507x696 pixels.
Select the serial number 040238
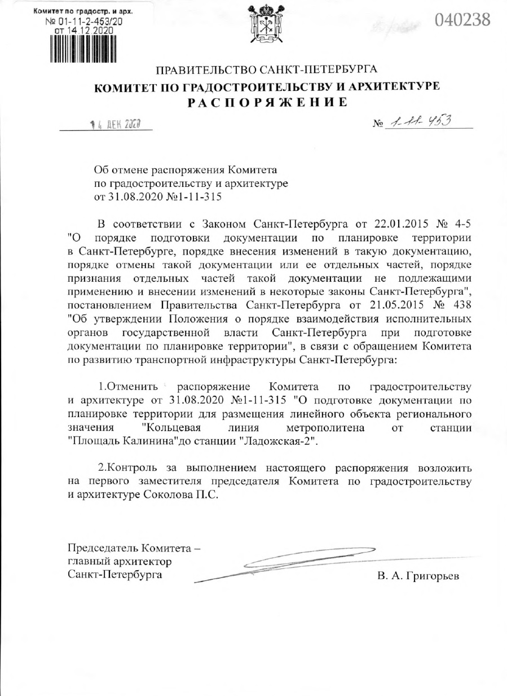click(462, 20)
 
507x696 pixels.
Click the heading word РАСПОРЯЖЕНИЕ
click(268, 103)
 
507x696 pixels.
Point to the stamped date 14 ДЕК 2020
click(113, 124)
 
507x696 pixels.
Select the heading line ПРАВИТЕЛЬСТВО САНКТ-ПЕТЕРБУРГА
click(266, 71)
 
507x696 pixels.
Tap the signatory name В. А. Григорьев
click(418, 576)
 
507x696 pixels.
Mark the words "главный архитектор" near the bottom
click(120, 562)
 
